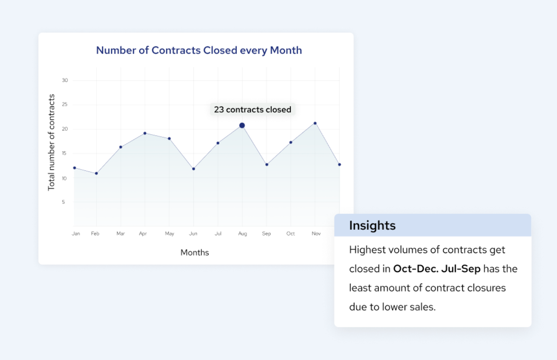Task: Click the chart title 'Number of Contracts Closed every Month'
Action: [x=199, y=50]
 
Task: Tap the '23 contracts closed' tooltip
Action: [x=252, y=110]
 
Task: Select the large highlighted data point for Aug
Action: [x=242, y=125]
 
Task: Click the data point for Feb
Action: [x=96, y=173]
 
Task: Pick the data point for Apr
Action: [x=145, y=133]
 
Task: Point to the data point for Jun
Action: [x=194, y=169]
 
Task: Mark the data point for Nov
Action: [x=315, y=123]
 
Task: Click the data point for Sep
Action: [x=267, y=165]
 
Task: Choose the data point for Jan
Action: [x=74, y=168]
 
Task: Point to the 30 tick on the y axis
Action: [x=65, y=80]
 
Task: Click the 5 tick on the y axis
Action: [x=63, y=202]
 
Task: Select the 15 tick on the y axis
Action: [x=64, y=153]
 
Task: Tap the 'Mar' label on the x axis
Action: [x=120, y=233]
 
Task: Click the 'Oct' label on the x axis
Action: [x=290, y=233]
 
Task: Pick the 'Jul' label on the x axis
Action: [x=218, y=233]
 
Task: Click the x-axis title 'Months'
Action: [x=195, y=253]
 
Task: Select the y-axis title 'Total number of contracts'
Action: [x=52, y=142]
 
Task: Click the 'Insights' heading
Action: [x=372, y=225]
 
